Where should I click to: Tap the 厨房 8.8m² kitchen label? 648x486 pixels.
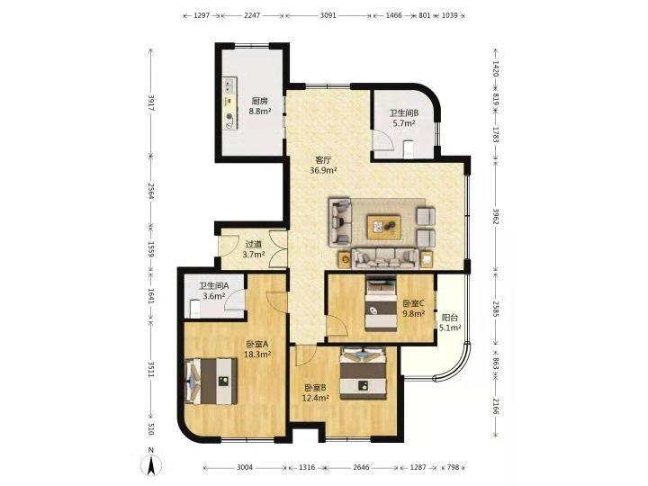pos(260,106)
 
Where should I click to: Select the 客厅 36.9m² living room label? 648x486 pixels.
pos(323,165)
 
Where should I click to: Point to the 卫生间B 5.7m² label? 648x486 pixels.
pos(404,118)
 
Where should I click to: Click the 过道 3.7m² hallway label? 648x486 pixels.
pos(253,249)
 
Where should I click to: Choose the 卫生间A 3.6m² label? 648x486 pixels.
pos(213,291)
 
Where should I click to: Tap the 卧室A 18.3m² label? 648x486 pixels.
pos(257,349)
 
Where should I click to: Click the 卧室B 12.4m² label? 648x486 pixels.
pos(316,392)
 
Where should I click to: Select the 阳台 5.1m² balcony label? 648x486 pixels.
pos(450,323)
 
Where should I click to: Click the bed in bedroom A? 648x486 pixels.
pos(211,381)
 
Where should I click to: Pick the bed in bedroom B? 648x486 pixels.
pos(363,373)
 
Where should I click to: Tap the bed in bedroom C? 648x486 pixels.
pos(381,304)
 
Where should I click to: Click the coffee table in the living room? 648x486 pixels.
pos(384,227)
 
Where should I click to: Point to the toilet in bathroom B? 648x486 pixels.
pos(409,149)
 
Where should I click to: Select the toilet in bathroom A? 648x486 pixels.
pos(194,309)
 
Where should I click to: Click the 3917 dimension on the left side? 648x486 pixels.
pos(151,103)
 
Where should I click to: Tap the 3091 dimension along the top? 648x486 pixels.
pos(328,15)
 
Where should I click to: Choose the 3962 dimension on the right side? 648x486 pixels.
pos(496,216)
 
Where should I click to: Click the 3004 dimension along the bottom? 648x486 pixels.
pos(245,468)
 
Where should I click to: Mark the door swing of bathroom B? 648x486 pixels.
pos(382,140)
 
